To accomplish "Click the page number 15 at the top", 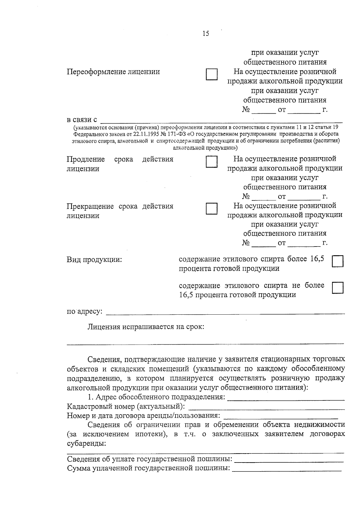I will [x=206, y=34].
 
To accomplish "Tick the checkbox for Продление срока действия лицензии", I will [x=211, y=162].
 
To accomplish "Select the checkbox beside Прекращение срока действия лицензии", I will [x=211, y=208].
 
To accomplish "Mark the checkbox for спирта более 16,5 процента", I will [x=338, y=261].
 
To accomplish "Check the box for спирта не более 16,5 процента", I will [x=338, y=288].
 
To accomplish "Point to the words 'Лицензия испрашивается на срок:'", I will [x=146, y=327].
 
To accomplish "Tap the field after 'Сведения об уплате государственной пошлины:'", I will [x=289, y=460].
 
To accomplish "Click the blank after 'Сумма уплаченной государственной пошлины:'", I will [x=287, y=469].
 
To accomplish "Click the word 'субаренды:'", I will [x=86, y=444].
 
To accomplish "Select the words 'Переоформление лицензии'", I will [x=113, y=72].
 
